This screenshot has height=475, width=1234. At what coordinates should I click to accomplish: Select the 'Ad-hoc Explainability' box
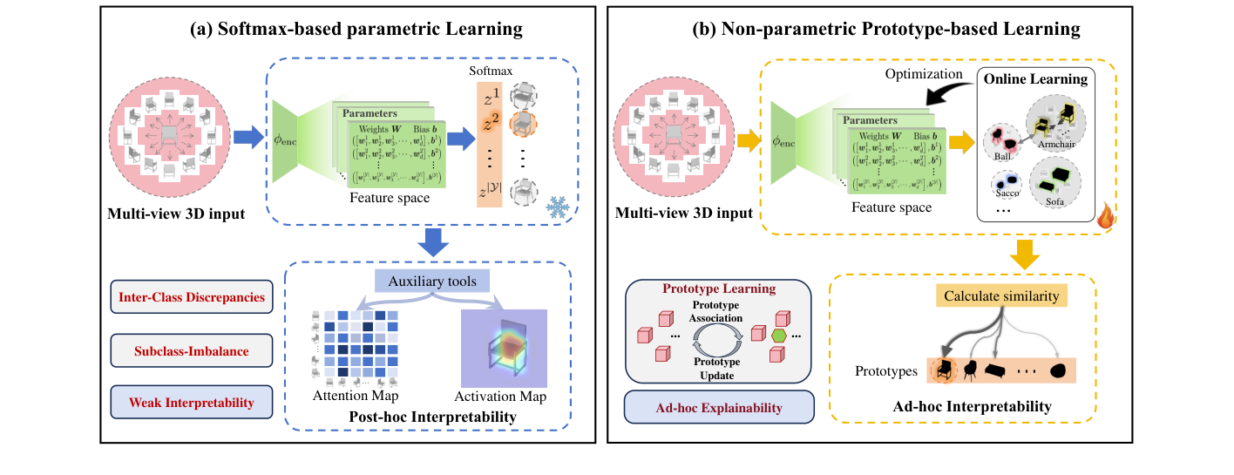coord(719,407)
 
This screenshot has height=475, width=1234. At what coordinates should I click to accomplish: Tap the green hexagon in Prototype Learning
coord(777,335)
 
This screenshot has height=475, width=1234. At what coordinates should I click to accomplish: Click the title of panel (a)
coord(356,29)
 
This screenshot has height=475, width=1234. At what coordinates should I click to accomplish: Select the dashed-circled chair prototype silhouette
coord(941,371)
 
